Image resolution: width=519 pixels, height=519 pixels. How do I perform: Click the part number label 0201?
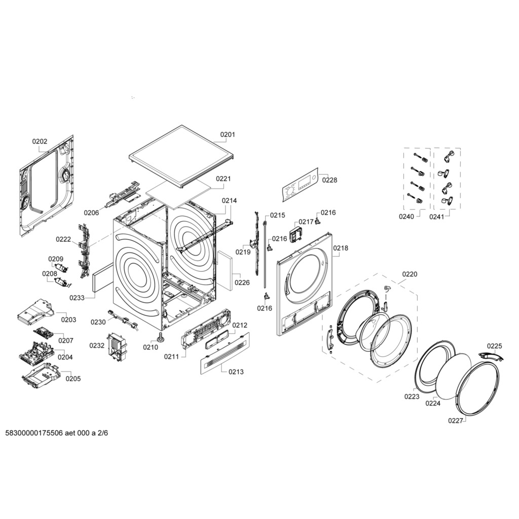coord(228,134)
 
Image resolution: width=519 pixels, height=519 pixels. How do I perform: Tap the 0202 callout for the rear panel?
coord(40,141)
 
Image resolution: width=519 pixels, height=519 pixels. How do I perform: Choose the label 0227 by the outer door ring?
coord(456,421)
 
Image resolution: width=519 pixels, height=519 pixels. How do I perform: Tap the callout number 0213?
coord(236,372)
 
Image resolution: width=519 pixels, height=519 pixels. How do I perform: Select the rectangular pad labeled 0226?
coord(225,270)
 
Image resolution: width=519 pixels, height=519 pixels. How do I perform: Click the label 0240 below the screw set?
coord(406,217)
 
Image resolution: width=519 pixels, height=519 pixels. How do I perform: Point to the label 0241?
coord(436,217)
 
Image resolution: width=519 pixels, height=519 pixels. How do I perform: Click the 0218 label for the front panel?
coord(341,248)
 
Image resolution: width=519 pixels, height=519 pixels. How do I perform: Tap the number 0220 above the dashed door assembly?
coord(410,274)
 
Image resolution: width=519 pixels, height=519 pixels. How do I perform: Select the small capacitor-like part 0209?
coord(61,268)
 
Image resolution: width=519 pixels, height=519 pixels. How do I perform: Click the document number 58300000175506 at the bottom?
coord(34,433)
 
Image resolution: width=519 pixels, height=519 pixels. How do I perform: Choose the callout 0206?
coord(91,213)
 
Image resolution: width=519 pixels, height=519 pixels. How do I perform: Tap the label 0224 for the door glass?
coord(433,403)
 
